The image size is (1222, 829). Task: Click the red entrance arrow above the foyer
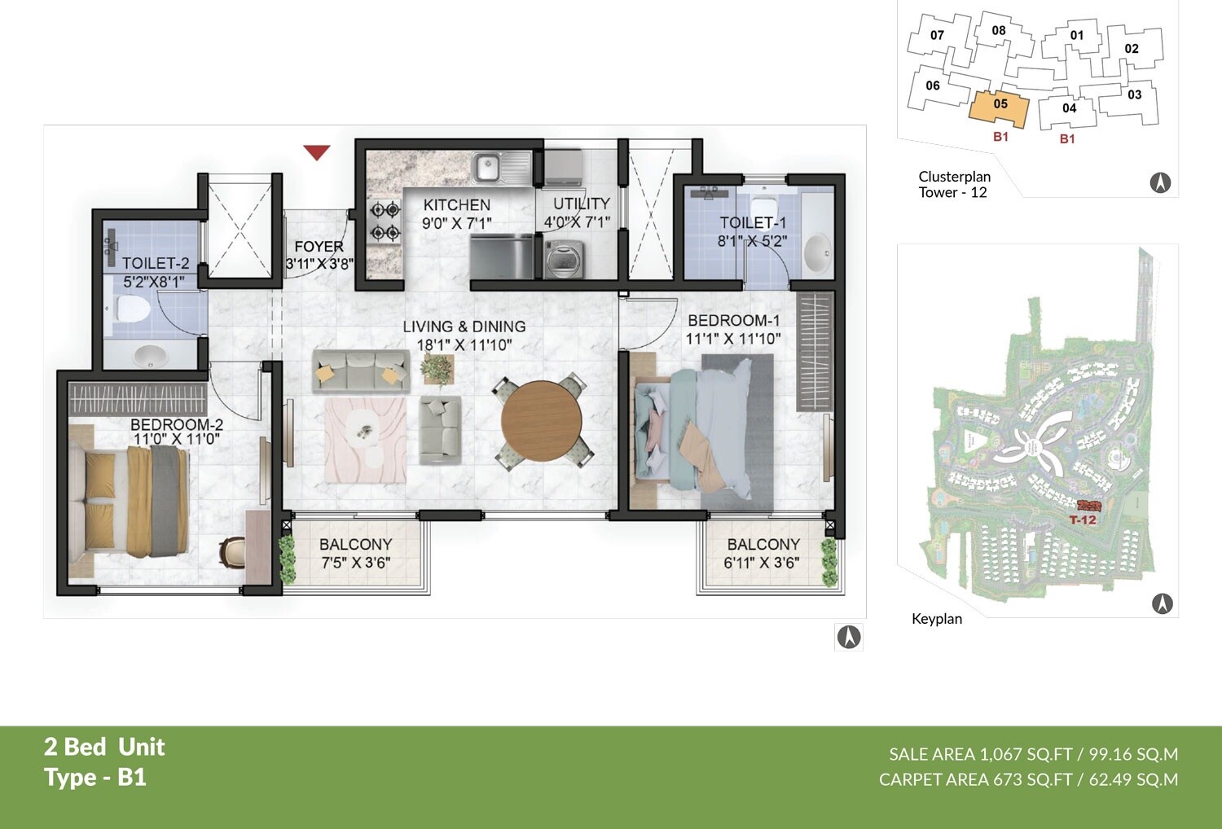click(316, 151)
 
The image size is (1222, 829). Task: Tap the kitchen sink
click(487, 168)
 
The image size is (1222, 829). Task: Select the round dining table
click(541, 422)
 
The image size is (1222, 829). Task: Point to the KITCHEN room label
click(456, 204)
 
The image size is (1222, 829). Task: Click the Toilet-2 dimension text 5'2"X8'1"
click(154, 282)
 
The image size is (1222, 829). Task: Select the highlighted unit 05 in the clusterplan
click(1000, 105)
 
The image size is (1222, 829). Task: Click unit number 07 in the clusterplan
click(937, 35)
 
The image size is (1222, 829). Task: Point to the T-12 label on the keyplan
click(1083, 520)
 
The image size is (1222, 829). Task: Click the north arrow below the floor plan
click(848, 637)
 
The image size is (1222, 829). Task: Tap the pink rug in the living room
click(366, 440)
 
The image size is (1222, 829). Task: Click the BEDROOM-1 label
click(733, 320)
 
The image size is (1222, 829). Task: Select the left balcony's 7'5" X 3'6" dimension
click(355, 563)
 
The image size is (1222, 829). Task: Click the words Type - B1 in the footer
click(95, 777)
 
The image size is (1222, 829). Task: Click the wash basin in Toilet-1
click(817, 252)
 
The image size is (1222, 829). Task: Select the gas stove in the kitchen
click(385, 222)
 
